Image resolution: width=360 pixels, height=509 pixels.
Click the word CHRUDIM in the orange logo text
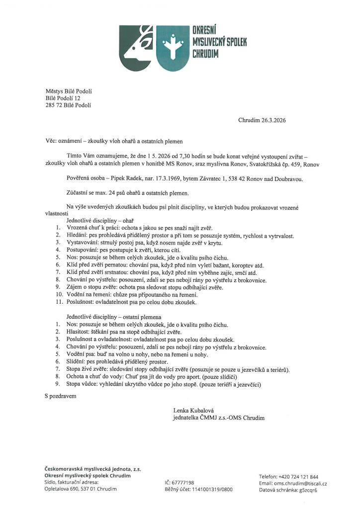(x=205, y=53)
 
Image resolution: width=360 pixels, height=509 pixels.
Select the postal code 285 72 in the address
(x=54, y=105)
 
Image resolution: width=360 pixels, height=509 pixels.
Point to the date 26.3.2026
(x=270, y=120)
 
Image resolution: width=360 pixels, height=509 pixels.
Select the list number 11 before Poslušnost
(x=57, y=302)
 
